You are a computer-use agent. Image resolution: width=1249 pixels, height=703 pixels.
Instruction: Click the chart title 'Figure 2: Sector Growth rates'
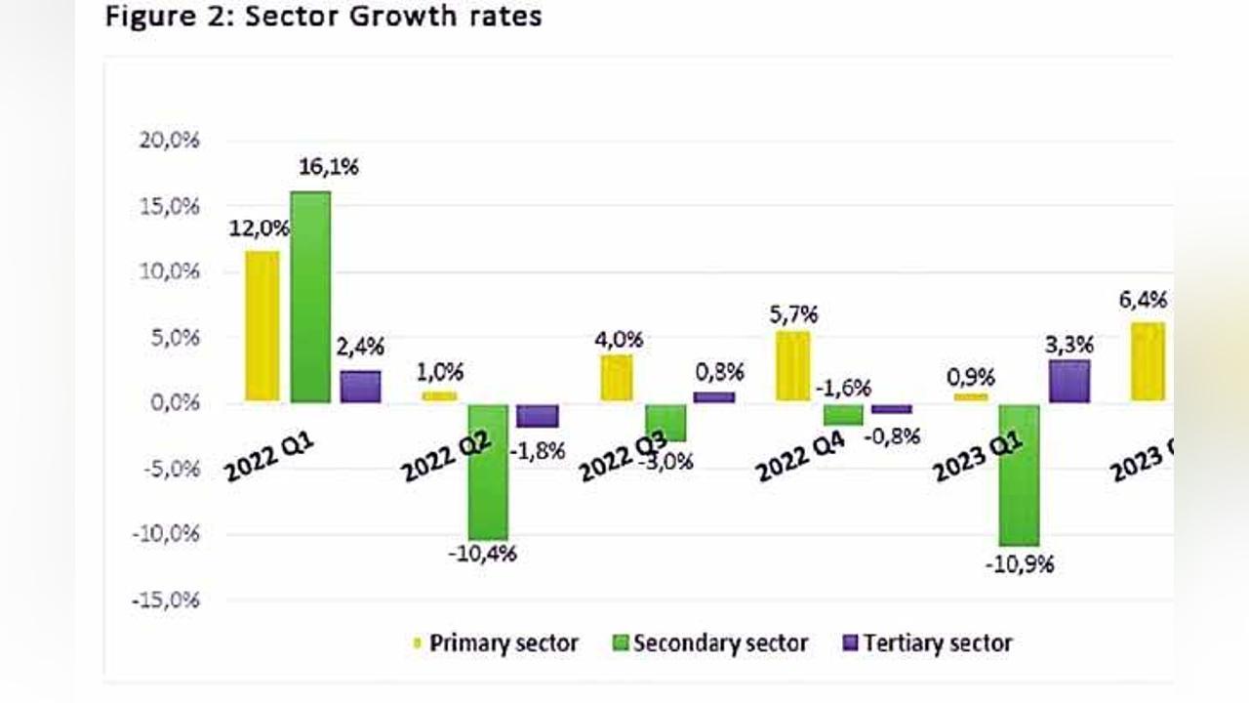click(x=323, y=17)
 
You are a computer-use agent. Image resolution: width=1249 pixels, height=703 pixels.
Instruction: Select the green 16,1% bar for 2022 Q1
click(x=310, y=296)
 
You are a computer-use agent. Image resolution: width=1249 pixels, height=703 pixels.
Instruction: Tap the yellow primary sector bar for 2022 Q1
click(x=262, y=326)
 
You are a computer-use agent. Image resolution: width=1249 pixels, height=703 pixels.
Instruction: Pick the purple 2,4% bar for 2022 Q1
click(x=360, y=387)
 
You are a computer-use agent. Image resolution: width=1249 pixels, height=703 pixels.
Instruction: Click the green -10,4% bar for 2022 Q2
click(x=487, y=471)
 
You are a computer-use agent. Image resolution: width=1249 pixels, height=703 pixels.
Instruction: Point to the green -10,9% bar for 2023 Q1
click(x=1019, y=475)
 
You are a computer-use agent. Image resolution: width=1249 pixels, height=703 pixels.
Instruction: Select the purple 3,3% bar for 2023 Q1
click(x=1068, y=382)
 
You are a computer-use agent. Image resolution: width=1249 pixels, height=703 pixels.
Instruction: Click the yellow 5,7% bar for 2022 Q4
click(x=792, y=366)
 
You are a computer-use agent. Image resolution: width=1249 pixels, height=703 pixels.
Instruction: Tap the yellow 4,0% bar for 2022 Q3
click(x=615, y=378)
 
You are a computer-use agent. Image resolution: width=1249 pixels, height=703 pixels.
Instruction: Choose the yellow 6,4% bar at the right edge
click(x=1148, y=361)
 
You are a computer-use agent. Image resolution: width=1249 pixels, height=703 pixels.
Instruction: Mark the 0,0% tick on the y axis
click(x=168, y=402)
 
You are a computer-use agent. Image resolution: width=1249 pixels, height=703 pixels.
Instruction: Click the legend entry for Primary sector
click(x=495, y=643)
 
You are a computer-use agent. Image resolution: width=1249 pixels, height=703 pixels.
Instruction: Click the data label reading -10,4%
click(x=482, y=554)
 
